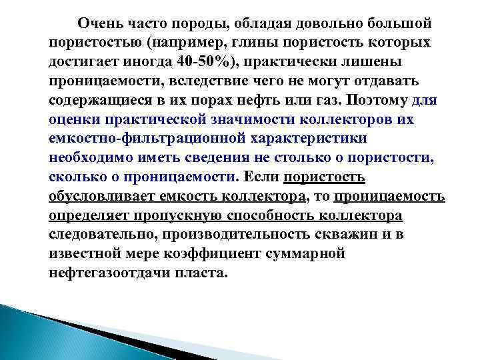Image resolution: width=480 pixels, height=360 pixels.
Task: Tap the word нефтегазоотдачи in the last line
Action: (x=113, y=274)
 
